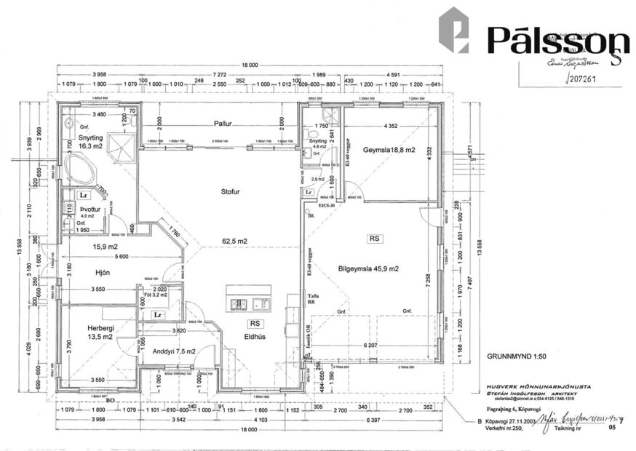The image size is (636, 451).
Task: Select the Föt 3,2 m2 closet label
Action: click(156, 295)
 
